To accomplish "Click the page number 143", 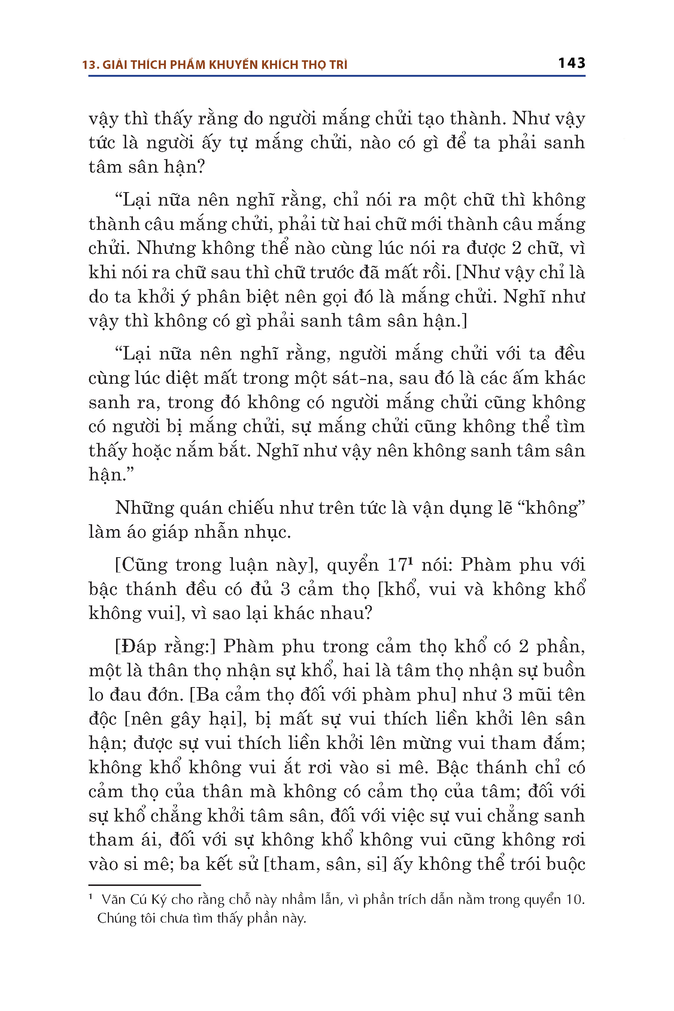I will click(571, 63).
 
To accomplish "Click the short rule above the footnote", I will click(145, 885).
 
